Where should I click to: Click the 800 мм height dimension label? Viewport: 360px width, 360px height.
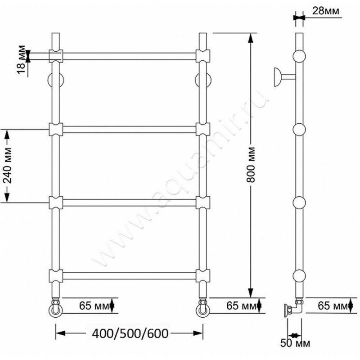coord(251,165)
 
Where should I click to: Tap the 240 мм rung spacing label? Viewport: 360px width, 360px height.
coord(8,165)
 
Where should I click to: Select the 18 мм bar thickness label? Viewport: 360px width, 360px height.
coord(21,60)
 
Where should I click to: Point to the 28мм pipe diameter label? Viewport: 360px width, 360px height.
coord(325,10)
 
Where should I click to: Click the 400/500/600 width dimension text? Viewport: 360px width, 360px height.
coord(130,333)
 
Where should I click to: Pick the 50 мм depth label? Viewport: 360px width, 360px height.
coord(295,343)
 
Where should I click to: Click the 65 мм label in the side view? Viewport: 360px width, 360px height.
coord(332,306)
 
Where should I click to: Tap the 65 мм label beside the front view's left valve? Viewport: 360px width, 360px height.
coord(94,306)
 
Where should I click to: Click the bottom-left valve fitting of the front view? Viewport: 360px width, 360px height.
coord(55,308)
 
